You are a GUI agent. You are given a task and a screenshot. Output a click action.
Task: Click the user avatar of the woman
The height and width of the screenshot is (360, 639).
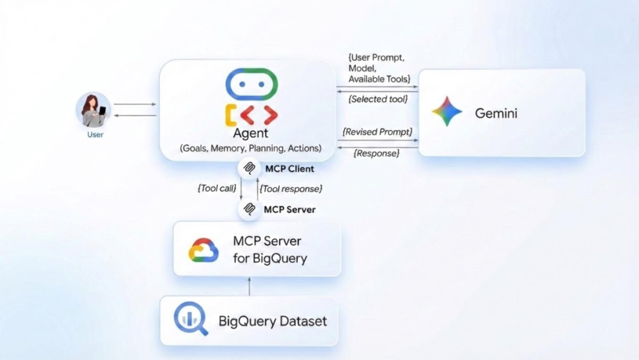pos(93,110)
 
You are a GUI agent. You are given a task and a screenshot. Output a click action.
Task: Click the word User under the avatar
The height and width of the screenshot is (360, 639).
pos(95,135)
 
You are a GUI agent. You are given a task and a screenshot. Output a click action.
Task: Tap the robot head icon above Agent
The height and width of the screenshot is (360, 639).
pos(251,84)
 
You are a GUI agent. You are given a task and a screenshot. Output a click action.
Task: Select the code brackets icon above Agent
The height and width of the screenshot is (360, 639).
pos(251,115)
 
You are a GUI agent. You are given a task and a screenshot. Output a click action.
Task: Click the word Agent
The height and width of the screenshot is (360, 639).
pos(250,133)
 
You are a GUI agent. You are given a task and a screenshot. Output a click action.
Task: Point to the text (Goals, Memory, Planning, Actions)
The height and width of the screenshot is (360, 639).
pos(251,148)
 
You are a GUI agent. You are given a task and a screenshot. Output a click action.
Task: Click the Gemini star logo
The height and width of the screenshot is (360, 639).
pos(447,112)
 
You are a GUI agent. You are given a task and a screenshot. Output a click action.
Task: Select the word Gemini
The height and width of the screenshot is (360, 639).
pos(496,113)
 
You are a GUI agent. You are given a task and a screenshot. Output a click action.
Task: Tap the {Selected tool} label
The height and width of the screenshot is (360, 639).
pos(378,99)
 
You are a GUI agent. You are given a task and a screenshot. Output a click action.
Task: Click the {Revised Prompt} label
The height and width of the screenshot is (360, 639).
pos(377,131)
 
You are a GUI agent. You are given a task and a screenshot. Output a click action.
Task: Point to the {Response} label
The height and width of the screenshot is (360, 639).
pos(376,153)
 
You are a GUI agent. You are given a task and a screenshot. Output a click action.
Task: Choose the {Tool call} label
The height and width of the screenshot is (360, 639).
pos(217,188)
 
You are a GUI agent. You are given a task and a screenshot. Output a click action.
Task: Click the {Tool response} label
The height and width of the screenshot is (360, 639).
pos(291,188)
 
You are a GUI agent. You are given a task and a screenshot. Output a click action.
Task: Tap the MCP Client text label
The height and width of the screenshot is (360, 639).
pos(289,169)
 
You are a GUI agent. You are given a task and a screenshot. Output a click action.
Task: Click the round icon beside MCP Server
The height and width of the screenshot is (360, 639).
pos(250,209)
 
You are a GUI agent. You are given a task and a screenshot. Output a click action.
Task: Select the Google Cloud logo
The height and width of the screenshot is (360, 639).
pos(204,250)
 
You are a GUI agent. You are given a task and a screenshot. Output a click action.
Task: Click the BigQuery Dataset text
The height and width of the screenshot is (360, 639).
pos(273,322)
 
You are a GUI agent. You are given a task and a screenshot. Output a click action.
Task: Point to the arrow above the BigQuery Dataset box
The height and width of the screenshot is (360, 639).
pos(249,286)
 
